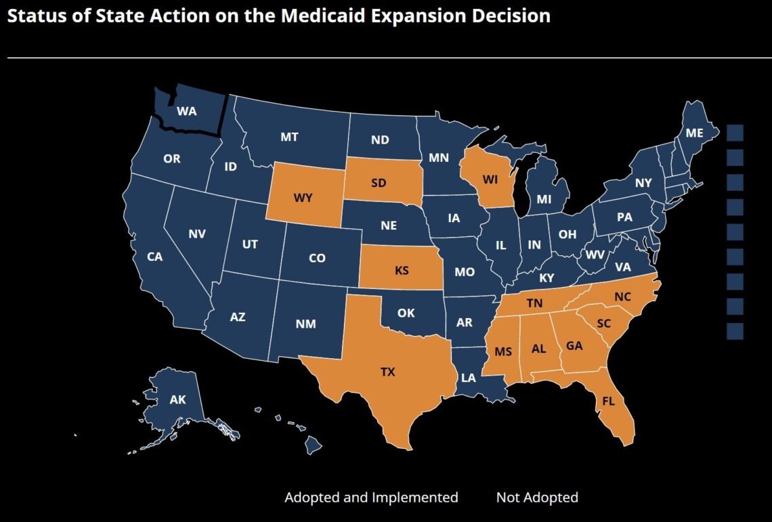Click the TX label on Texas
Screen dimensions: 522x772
click(387, 372)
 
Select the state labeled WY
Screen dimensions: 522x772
click(302, 198)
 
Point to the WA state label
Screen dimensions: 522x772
click(186, 111)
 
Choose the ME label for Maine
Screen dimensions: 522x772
click(694, 133)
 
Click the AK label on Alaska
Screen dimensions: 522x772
click(177, 399)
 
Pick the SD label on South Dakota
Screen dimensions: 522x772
click(379, 183)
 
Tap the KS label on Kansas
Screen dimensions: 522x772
click(402, 271)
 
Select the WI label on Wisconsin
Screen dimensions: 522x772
click(490, 180)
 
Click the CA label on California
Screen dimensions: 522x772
click(155, 257)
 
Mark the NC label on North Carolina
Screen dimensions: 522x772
click(622, 297)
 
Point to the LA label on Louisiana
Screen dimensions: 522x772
click(469, 378)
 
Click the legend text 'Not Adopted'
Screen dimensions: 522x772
click(537, 498)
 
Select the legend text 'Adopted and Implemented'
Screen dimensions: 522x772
click(371, 498)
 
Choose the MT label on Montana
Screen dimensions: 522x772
click(289, 137)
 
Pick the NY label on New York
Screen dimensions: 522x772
click(643, 183)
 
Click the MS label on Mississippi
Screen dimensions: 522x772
click(502, 351)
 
